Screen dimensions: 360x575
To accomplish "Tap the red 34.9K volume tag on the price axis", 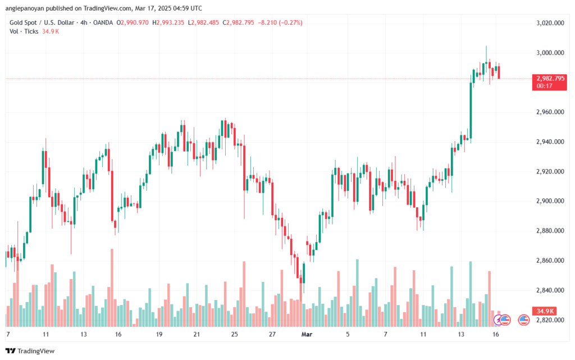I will tap(544, 311).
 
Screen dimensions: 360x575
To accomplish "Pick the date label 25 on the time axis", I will tap(234, 334).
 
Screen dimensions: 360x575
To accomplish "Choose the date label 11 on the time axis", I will tap(46, 334).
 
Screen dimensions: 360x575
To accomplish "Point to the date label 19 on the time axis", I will tap(159, 334).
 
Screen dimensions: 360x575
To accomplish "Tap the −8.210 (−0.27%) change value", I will tap(279, 22).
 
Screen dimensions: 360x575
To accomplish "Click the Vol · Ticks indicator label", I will tap(24, 31).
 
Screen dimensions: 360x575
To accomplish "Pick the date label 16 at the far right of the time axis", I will tap(495, 334).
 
